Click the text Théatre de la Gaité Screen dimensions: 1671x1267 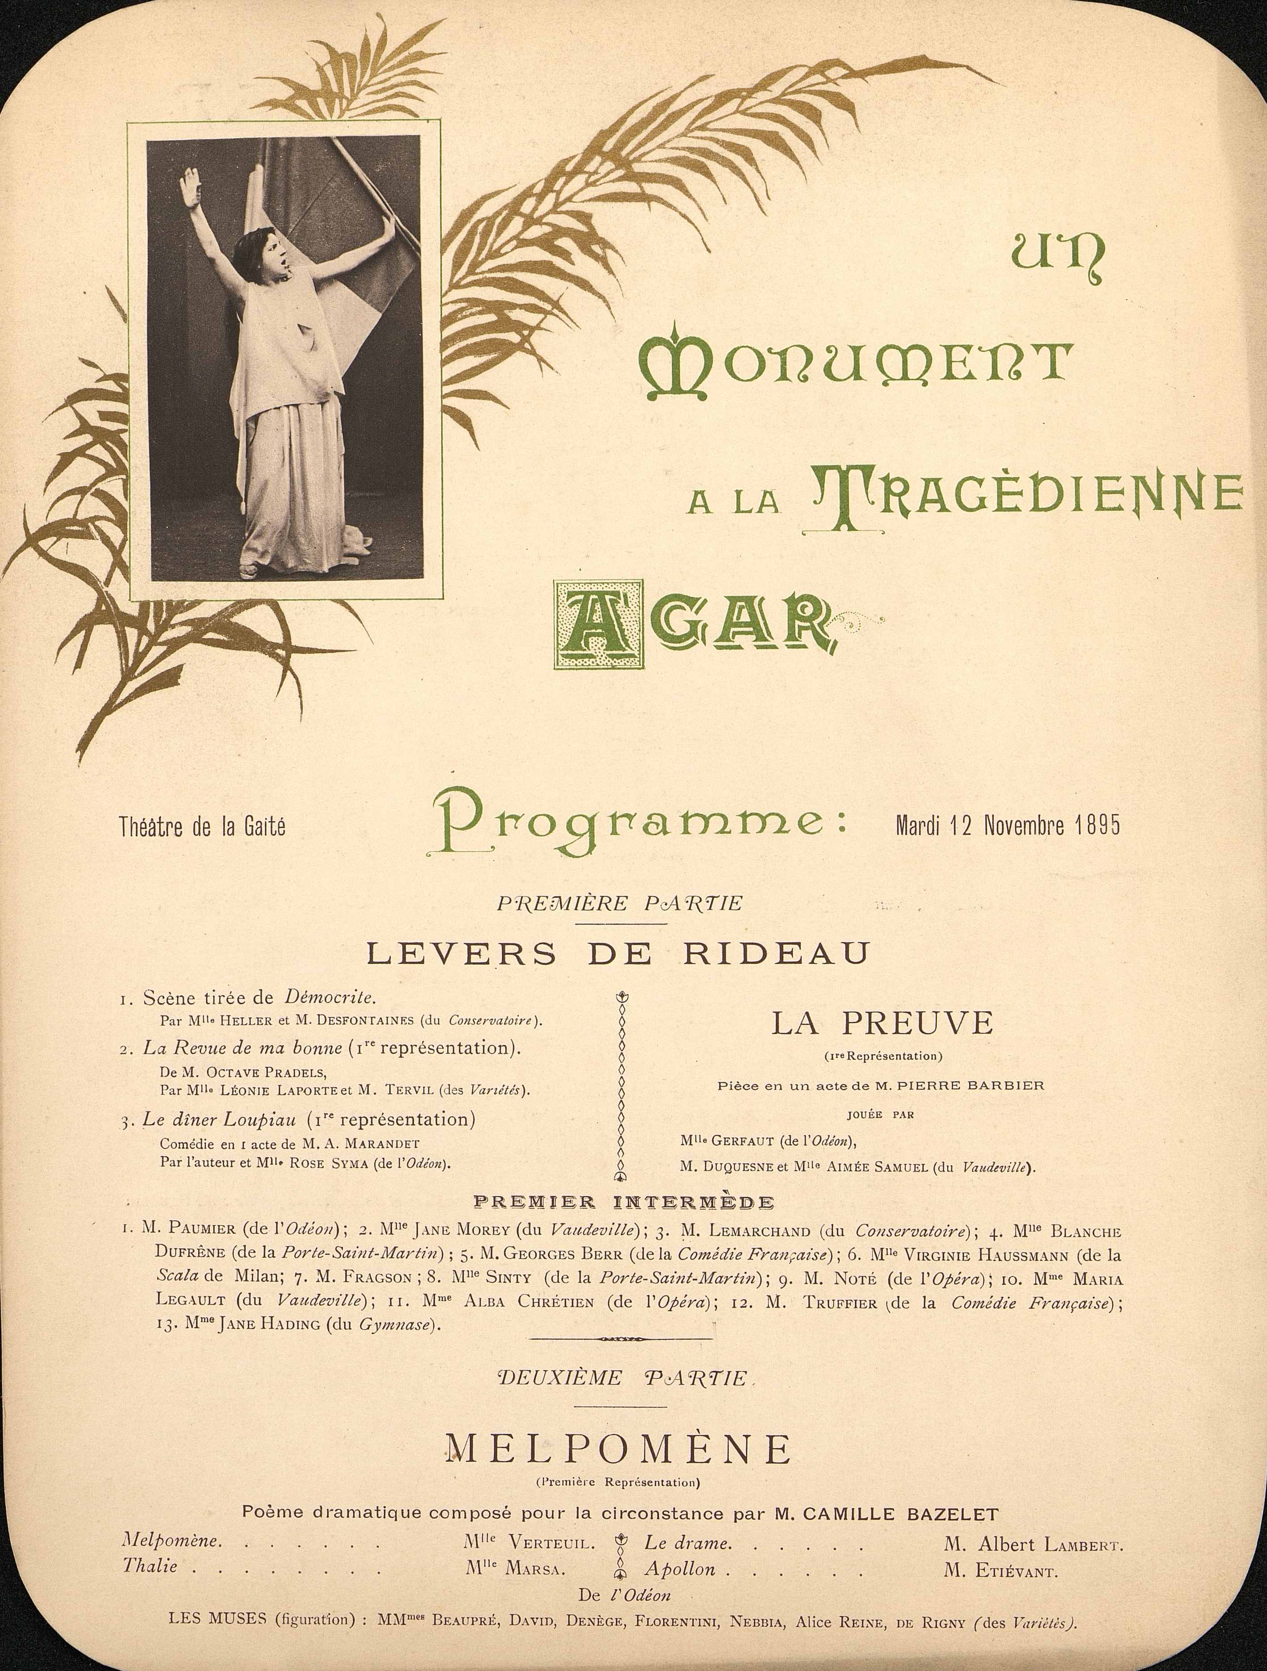click(x=203, y=828)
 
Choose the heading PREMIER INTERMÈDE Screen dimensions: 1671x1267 click(x=623, y=1202)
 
